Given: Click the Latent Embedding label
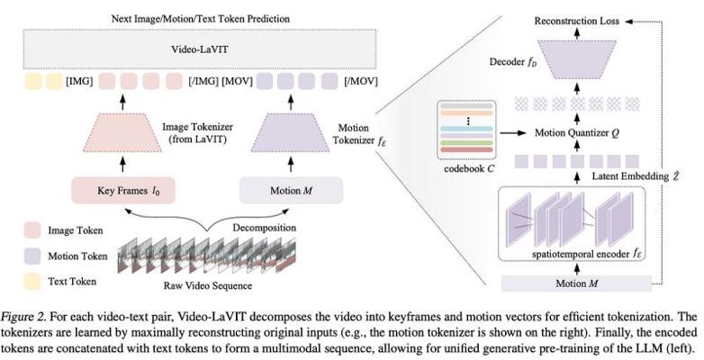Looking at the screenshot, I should (627, 176).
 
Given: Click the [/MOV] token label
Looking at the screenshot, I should (361, 81).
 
